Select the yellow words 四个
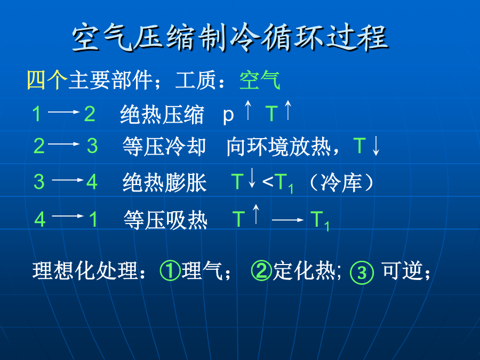[47, 80]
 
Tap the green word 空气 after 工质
[260, 80]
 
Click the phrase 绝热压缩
[162, 114]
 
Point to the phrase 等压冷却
[164, 146]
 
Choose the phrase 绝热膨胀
[165, 182]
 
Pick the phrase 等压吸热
[166, 220]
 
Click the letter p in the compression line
[228, 116]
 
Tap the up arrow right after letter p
[248, 110]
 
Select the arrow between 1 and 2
[63, 112]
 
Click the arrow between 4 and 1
[68, 216]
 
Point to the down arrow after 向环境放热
[376, 146]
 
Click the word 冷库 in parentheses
[341, 183]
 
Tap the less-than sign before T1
[268, 182]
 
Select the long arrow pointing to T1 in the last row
[288, 220]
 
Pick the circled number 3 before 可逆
[362, 273]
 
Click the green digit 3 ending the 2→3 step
[92, 146]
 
